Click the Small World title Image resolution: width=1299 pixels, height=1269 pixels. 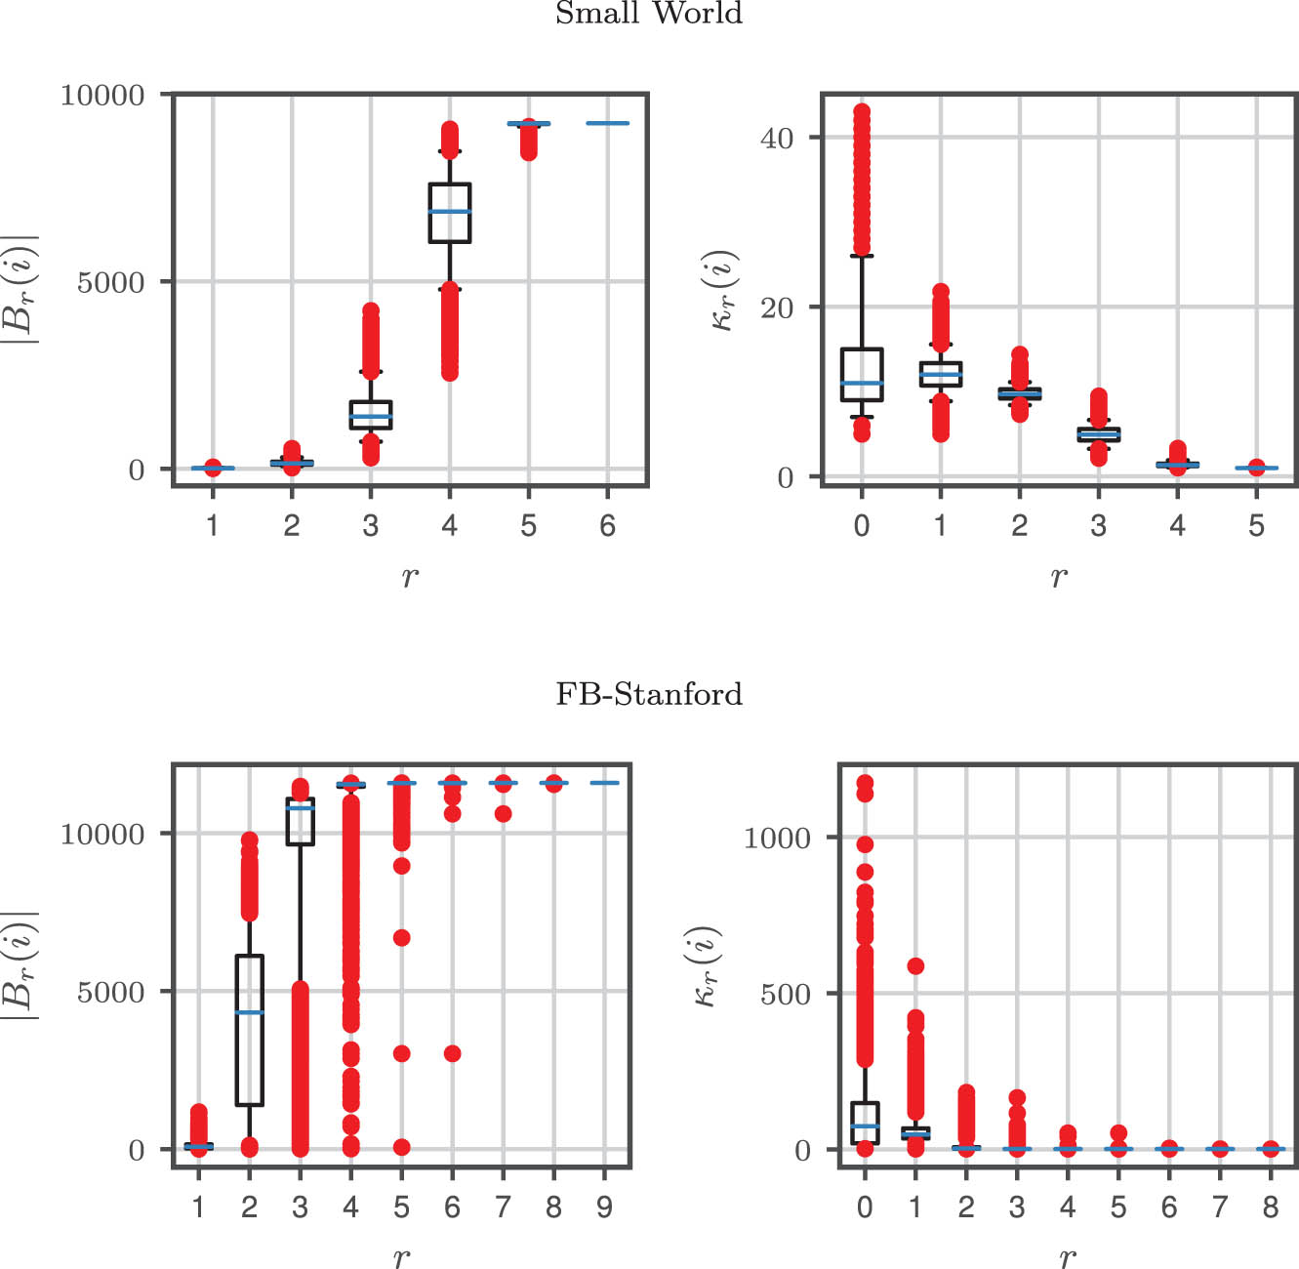click(649, 14)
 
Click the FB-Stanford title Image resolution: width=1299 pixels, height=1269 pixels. click(649, 694)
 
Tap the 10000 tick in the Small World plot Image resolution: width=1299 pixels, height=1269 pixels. click(102, 95)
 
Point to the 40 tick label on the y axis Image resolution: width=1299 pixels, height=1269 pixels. click(777, 138)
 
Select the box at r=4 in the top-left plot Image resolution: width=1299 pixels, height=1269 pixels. click(450, 213)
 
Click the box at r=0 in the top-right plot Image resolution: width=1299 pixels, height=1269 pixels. click(862, 375)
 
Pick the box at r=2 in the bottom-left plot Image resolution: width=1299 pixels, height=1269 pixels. click(250, 1031)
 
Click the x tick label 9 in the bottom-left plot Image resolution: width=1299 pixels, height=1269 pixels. click(605, 1208)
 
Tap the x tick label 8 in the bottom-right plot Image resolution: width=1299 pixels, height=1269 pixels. click(1271, 1208)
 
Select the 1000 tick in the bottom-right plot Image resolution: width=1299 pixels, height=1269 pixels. click(777, 838)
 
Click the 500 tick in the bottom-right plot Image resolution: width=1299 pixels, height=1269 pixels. click(786, 995)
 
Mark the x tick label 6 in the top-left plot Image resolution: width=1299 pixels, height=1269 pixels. click(608, 526)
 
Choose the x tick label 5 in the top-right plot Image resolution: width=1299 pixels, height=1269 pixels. click(1257, 526)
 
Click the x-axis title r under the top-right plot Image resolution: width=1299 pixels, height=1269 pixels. click(1059, 577)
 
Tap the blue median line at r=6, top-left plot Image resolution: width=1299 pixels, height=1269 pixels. click(608, 123)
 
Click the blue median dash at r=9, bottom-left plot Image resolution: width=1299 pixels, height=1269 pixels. click(605, 783)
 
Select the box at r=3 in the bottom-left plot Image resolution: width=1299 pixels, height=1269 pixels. click(301, 821)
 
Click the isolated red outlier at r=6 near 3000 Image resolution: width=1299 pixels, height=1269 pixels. click(453, 1053)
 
